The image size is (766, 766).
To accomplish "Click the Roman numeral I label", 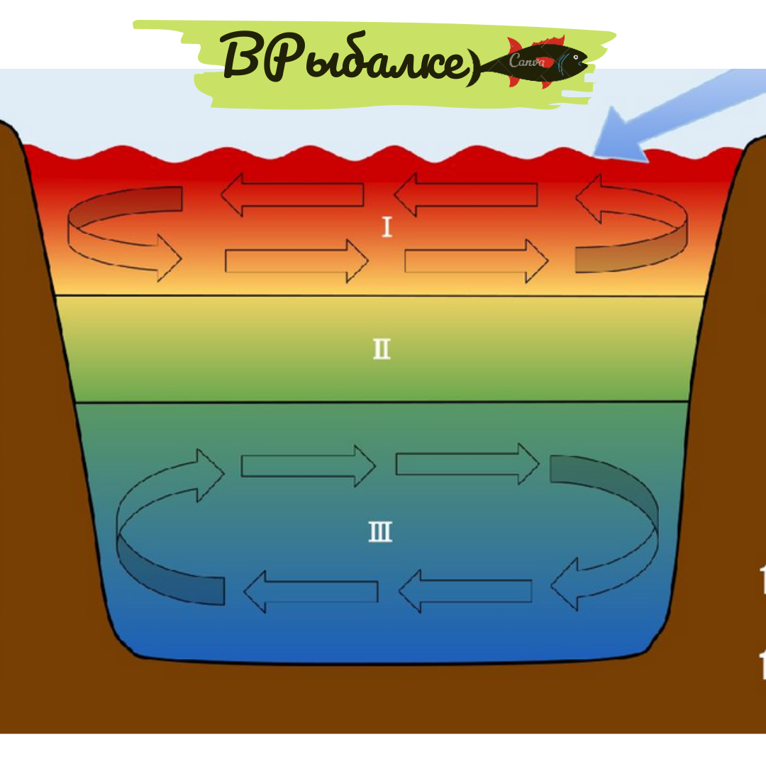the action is point(387,228).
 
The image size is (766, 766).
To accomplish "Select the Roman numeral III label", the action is point(381,532).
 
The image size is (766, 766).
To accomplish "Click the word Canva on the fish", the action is point(526,62).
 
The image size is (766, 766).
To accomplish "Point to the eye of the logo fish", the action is point(577,56).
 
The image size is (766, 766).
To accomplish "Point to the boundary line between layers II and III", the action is point(382,402).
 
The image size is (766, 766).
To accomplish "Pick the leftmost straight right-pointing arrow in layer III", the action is point(307,465).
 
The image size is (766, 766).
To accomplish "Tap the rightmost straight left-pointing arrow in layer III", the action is point(465,591).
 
